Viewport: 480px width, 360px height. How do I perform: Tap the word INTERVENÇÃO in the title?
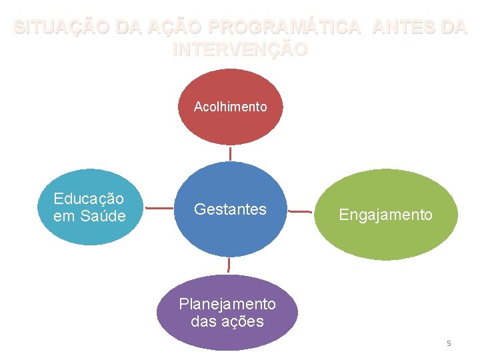[x=240, y=49]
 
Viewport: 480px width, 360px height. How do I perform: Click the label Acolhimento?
[x=230, y=107]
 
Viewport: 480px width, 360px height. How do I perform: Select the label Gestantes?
[x=230, y=209]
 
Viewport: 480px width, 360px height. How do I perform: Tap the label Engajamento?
[x=386, y=215]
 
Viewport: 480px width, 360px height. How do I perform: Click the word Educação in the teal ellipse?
[x=89, y=199]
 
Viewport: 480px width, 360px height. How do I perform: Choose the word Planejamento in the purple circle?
[x=227, y=304]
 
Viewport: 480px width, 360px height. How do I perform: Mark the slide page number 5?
[x=449, y=343]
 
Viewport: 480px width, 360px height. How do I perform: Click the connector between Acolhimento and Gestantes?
[x=231, y=153]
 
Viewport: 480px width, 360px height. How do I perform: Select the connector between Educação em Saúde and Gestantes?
[x=159, y=209]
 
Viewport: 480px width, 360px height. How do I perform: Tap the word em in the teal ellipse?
[x=65, y=216]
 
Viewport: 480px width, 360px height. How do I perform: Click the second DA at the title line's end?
[x=453, y=28]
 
